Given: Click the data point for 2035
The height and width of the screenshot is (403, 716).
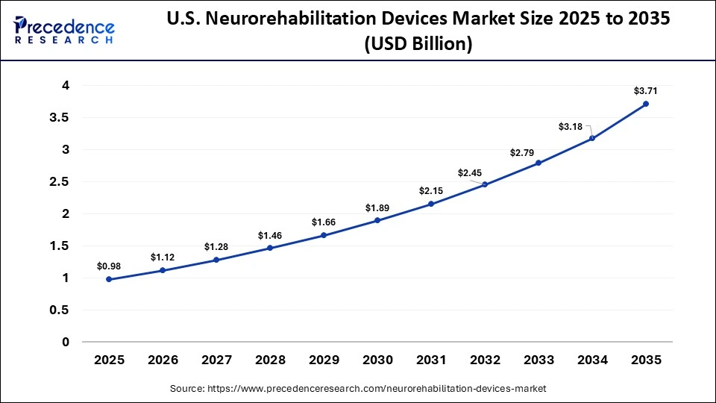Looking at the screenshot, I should click(646, 104).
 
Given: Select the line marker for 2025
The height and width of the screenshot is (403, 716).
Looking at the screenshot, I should click(109, 279).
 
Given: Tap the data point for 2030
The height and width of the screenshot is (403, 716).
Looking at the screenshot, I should click(377, 220).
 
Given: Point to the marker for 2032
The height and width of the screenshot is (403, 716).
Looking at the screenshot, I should click(485, 184).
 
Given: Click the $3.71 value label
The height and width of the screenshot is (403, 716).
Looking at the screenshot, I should click(646, 91).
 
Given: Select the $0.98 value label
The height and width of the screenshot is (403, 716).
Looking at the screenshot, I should click(109, 266).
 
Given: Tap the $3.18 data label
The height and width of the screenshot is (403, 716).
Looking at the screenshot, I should click(571, 127).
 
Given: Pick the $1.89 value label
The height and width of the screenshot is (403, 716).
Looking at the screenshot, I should click(377, 207).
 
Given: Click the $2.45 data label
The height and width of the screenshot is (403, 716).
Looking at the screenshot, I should click(469, 173).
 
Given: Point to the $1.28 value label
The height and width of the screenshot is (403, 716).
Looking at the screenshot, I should click(216, 247).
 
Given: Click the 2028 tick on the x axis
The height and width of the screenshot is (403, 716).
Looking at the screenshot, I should click(270, 360).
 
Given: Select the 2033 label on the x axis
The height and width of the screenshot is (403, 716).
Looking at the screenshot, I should click(538, 360).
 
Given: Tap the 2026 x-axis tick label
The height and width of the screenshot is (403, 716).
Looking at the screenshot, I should click(163, 360).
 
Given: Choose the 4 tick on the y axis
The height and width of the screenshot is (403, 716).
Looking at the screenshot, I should click(66, 86).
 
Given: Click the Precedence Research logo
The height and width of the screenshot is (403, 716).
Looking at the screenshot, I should click(64, 30).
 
